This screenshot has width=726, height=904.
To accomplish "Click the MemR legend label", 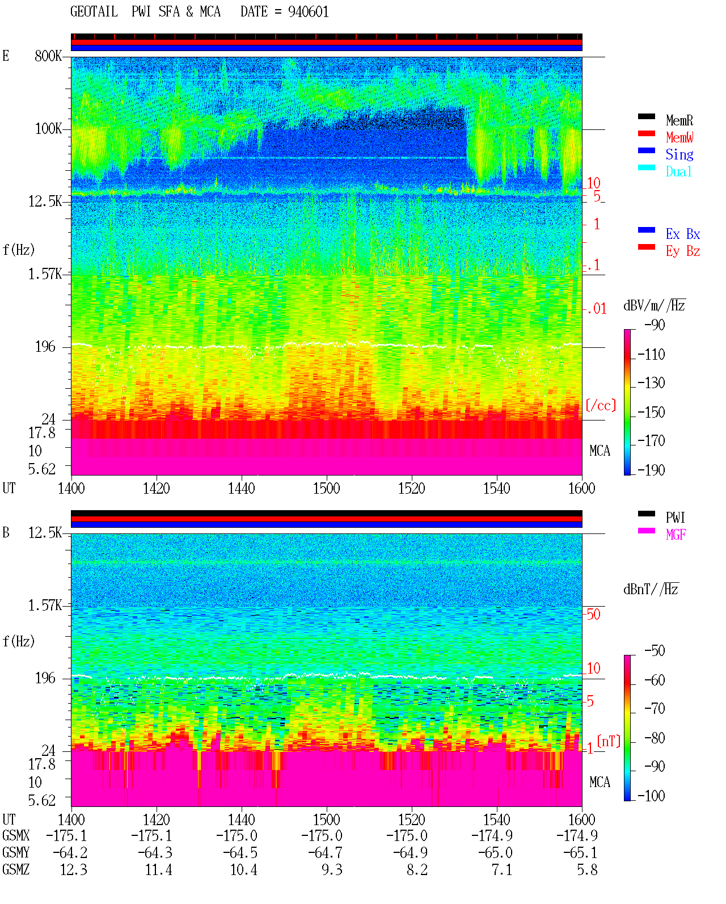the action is (679, 120).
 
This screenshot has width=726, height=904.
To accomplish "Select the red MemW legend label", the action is (679, 137).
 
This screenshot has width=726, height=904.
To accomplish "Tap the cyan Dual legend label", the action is (678, 171).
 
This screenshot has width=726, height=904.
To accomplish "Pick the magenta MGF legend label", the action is (676, 535).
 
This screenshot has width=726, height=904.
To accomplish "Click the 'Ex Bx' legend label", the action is (683, 234).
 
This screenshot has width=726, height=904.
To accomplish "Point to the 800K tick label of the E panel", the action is (48, 56).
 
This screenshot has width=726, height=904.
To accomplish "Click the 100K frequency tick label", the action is (48, 129).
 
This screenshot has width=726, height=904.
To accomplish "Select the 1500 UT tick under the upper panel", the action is (326, 489).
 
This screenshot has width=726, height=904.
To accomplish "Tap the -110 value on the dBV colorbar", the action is (651, 355).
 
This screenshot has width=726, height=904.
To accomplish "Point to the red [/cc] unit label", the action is (601, 405).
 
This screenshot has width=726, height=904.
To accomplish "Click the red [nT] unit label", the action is (609, 741).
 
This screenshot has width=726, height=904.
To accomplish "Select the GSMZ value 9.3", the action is (332, 870).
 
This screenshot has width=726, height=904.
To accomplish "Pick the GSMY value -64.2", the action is (70, 853).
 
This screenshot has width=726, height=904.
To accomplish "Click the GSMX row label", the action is (16, 835).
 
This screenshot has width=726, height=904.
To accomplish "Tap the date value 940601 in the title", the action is (308, 12).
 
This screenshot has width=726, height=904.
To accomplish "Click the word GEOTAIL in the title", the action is (94, 12).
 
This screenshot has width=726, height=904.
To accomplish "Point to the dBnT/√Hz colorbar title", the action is (651, 589).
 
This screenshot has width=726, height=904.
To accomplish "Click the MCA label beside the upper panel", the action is (600, 451).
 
